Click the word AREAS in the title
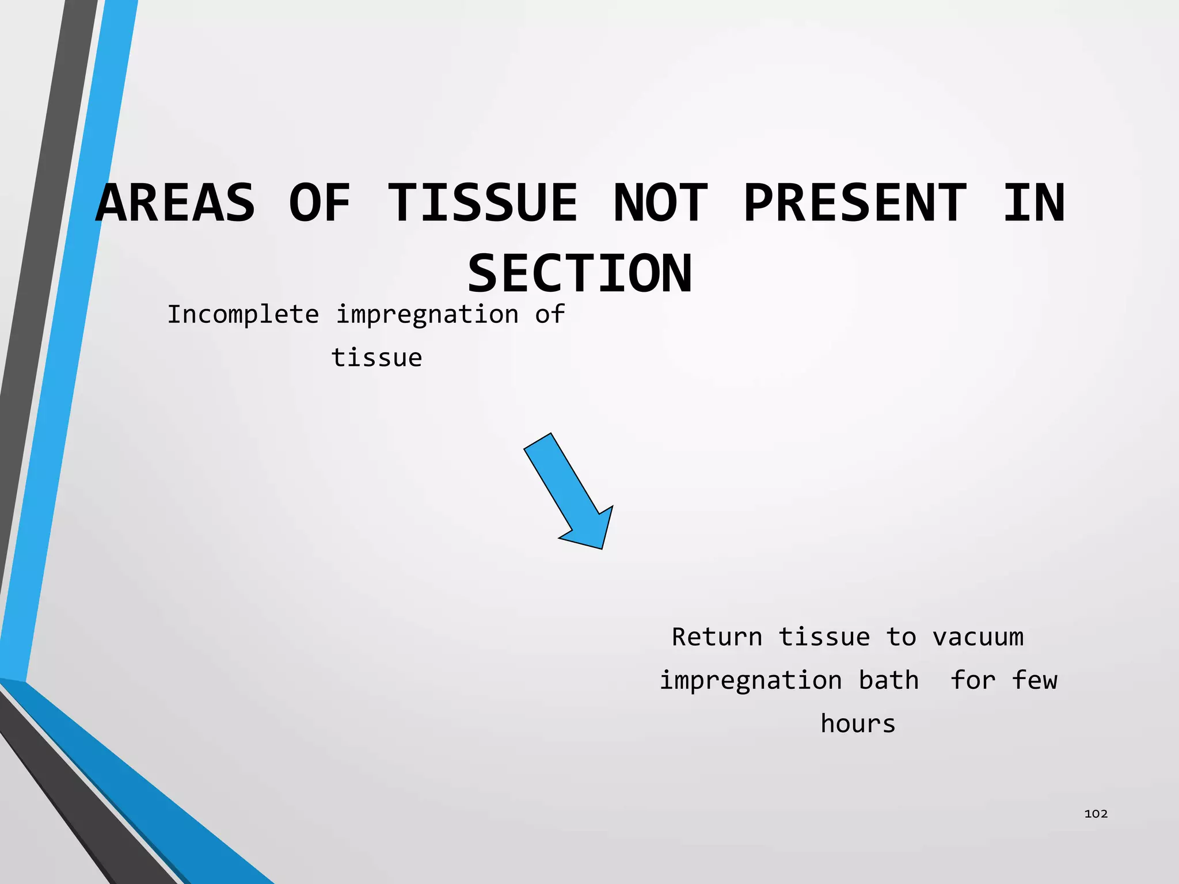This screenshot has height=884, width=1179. click(176, 203)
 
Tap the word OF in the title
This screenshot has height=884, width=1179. click(320, 203)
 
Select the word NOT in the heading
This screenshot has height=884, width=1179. click(660, 203)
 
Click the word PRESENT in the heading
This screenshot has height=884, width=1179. click(855, 203)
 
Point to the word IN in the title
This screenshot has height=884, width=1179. click(1034, 203)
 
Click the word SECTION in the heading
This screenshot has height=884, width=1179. click(580, 274)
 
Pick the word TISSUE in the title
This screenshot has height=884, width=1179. click(482, 203)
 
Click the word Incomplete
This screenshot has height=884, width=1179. click(243, 315)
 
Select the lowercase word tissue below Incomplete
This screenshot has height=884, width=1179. click(377, 358)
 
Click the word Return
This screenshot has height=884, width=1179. click(717, 637)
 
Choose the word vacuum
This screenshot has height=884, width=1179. click(978, 637)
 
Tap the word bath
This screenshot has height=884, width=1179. click(888, 680)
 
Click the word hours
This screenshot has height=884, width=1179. click(858, 723)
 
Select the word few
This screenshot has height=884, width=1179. click(1034, 680)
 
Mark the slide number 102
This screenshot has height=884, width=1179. click(1096, 813)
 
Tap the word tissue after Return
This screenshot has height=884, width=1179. click(824, 637)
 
